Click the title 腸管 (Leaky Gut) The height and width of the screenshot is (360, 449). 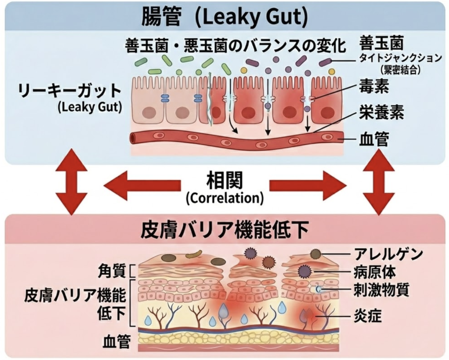click(x=224, y=17)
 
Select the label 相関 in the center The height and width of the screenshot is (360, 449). click(x=224, y=180)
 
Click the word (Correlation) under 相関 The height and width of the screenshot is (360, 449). click(x=224, y=198)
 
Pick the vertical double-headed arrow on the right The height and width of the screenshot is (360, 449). click(x=378, y=182)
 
